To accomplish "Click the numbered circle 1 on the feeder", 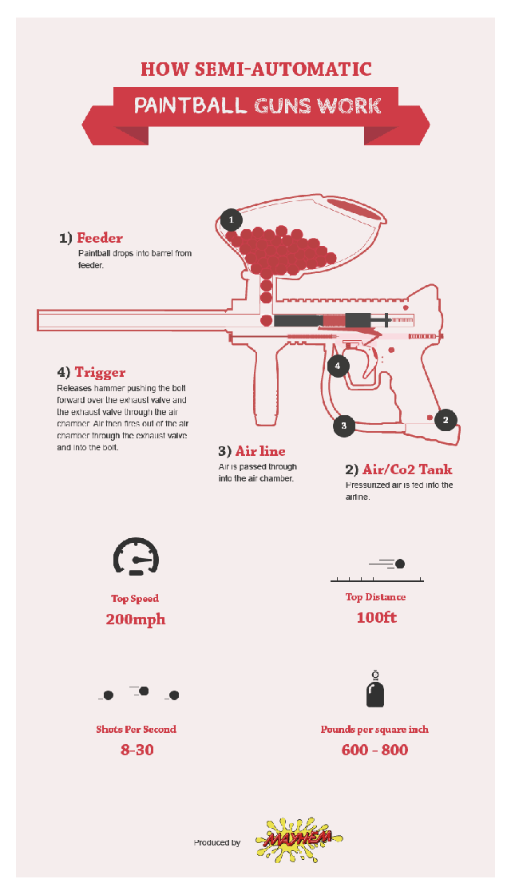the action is pyautogui.click(x=231, y=220).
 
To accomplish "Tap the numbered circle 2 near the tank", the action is pyautogui.click(x=446, y=420).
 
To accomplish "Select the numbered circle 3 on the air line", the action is pyautogui.click(x=344, y=425).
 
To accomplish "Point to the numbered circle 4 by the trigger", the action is pyautogui.click(x=338, y=366).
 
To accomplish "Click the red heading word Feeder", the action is pyautogui.click(x=100, y=238).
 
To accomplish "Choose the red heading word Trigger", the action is pyautogui.click(x=100, y=372).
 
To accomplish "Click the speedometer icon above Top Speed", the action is pyautogui.click(x=136, y=556).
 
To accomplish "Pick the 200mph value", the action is pyautogui.click(x=135, y=619).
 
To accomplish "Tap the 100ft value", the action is pyautogui.click(x=376, y=617).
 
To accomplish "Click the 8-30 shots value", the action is pyautogui.click(x=137, y=750).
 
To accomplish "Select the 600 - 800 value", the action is pyautogui.click(x=374, y=750).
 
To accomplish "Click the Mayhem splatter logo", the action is pyautogui.click(x=299, y=840).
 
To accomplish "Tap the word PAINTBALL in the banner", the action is pyautogui.click(x=190, y=105).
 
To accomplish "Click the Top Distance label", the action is pyautogui.click(x=376, y=596).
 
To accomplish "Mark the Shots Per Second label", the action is pyautogui.click(x=137, y=729).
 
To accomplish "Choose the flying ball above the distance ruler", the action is pyautogui.click(x=399, y=564).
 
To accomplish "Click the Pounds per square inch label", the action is pyautogui.click(x=374, y=729).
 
